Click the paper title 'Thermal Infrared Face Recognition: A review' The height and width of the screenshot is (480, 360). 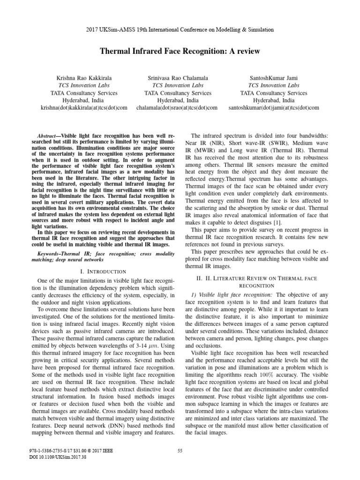pos(180,50)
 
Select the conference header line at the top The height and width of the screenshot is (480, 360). pos(180,29)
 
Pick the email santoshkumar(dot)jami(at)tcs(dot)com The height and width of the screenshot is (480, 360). pos(274,107)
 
